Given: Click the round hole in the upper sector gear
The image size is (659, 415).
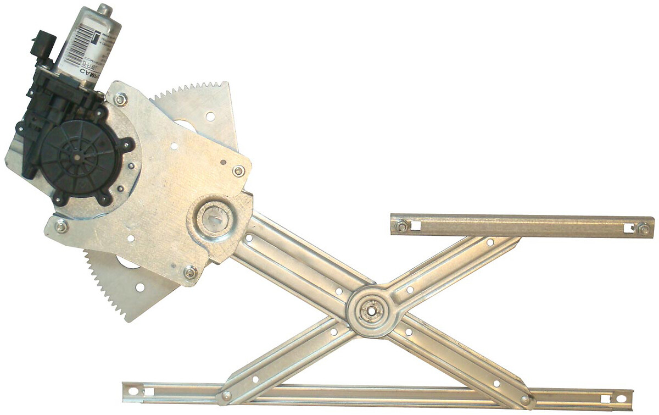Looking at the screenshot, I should [210, 116].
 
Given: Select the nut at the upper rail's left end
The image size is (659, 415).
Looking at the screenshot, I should [402, 225].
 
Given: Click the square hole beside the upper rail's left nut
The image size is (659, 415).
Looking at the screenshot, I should [416, 225].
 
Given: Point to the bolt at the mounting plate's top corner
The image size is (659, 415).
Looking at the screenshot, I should [120, 100].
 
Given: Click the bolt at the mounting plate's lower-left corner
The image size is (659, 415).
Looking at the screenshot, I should [62, 225].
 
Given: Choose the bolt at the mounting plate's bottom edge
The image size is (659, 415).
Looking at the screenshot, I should [190, 272].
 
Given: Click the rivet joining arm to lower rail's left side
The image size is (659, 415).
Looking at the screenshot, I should [226, 395].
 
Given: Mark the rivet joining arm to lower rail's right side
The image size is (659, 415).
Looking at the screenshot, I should [526, 400].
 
